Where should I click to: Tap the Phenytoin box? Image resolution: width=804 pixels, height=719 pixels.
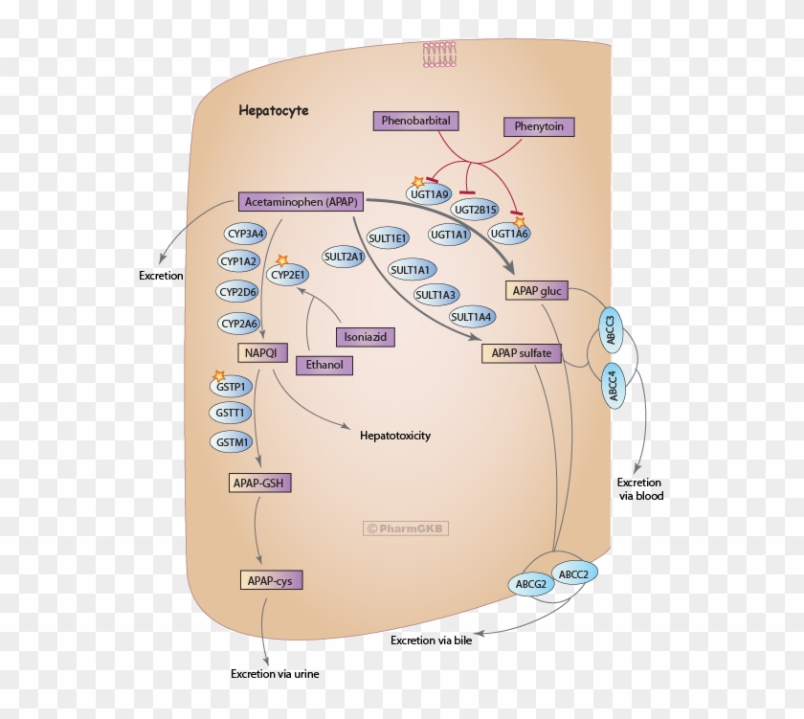[540, 126]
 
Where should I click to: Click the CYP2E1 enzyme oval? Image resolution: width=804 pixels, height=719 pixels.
[288, 276]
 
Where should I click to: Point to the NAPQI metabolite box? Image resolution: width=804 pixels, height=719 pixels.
[259, 353]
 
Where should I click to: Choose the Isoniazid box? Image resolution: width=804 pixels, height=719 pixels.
[365, 337]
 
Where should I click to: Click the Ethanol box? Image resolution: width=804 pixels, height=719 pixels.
[324, 365]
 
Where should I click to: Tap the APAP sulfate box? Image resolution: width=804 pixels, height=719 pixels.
[521, 353]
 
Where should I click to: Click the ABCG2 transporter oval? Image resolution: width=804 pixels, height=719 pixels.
[530, 583]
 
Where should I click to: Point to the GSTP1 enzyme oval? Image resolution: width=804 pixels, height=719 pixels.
[231, 387]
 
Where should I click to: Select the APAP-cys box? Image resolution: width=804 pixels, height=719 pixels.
[263, 580]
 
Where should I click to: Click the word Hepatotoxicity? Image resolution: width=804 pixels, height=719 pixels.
[394, 436]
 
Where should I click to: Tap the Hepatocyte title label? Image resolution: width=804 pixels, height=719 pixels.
[274, 111]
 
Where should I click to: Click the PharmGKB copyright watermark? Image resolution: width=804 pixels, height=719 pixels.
[406, 528]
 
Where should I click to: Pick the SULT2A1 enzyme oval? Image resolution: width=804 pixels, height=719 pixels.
[344, 257]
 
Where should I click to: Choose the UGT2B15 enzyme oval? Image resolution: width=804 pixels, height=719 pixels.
[476, 209]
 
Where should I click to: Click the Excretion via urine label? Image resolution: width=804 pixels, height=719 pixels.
[275, 673]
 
